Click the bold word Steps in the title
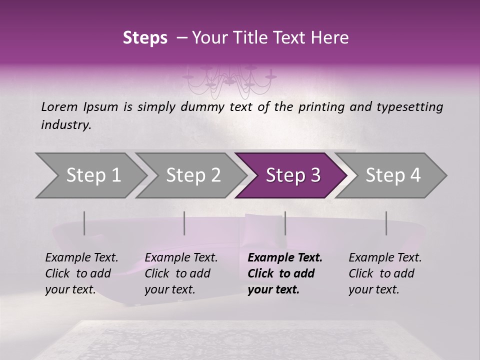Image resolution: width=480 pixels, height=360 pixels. coord(145,38)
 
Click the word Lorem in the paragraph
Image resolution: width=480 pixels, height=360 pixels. coord(59,106)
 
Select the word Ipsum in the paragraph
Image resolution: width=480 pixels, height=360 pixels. coord(101,106)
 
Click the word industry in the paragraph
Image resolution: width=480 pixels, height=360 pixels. coord(66,125)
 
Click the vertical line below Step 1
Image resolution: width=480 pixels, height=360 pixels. coord(84,223)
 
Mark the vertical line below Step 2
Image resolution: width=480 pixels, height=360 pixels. coord(184,223)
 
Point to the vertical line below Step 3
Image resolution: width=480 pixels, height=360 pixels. coord(285,223)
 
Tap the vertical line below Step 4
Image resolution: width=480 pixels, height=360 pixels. coord(386,223)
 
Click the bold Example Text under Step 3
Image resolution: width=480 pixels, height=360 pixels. coord(285,258)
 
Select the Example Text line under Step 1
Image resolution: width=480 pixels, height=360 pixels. coord(81,258)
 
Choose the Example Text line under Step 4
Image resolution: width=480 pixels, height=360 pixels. coord(385,258)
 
